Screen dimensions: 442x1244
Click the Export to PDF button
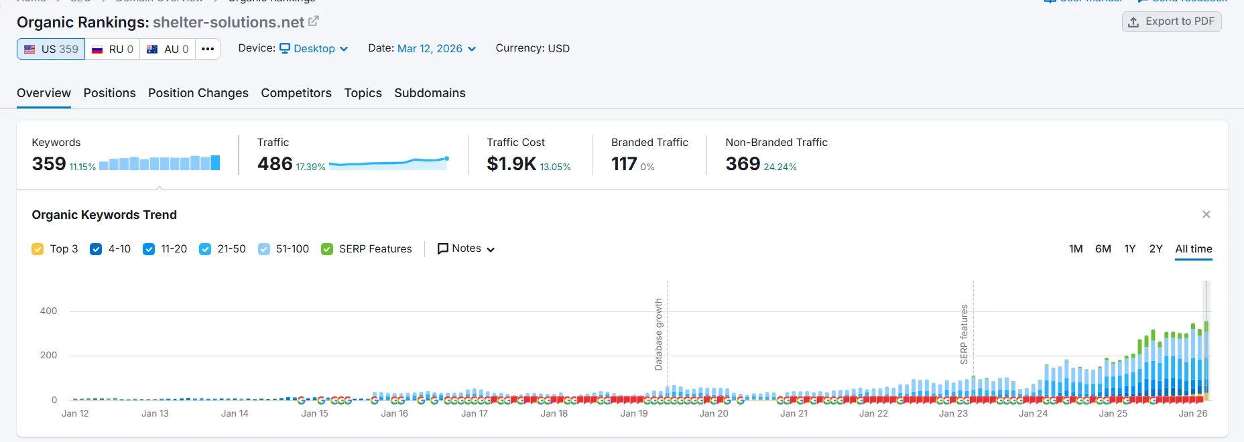(x=1172, y=21)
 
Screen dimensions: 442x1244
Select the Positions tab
(x=109, y=93)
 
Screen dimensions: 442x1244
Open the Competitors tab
(x=296, y=93)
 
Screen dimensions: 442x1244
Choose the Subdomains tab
(x=430, y=93)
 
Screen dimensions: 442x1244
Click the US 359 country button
(x=51, y=49)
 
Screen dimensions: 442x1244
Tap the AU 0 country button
(x=168, y=49)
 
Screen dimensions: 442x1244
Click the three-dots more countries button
(x=208, y=49)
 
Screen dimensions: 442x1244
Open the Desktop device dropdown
(x=314, y=48)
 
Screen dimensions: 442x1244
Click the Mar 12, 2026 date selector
(x=436, y=48)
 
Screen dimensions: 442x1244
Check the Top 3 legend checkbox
(x=38, y=249)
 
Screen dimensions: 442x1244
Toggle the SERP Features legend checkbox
(x=327, y=249)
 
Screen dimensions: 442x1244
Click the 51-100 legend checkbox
(x=264, y=249)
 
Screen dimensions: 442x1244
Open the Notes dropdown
(x=466, y=248)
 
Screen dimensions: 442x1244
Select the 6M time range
(x=1103, y=248)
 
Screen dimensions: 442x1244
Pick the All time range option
(x=1193, y=248)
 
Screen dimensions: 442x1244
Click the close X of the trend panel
(x=1206, y=214)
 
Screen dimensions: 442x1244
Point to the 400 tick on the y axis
(x=48, y=311)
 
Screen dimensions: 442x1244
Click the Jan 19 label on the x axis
(x=633, y=413)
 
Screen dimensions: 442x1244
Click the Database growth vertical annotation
(x=659, y=334)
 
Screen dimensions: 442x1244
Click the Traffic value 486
(x=275, y=163)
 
